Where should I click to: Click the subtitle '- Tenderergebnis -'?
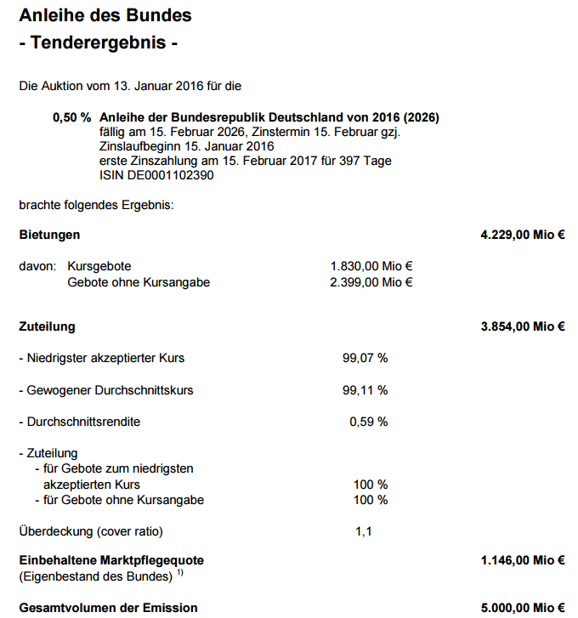98,43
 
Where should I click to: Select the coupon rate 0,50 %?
71,117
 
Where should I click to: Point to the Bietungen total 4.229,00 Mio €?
523,235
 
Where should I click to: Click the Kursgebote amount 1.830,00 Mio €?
371,266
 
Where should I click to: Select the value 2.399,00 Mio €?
371,282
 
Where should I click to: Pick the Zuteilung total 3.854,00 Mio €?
523,326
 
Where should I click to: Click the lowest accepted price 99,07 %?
365,358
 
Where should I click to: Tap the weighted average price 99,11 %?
365,390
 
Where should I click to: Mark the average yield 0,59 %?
368,422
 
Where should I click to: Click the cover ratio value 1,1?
364,532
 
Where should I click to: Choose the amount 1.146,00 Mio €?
523,560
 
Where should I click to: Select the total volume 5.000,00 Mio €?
523,608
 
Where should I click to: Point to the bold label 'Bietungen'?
49,235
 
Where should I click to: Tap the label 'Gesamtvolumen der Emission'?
108,608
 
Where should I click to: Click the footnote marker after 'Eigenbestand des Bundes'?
180,575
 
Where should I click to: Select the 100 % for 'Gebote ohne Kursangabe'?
370,500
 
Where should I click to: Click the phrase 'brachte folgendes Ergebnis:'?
96,205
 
